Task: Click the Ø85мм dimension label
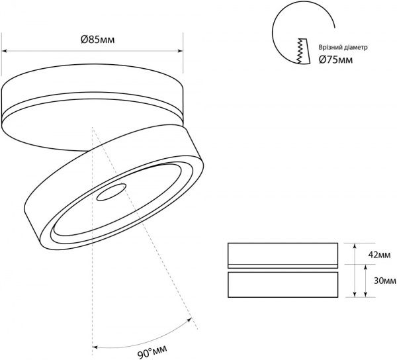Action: point(98,40)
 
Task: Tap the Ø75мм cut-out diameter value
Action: point(335,60)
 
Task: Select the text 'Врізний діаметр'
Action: point(343,48)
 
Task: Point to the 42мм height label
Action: point(379,255)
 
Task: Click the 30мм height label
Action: point(385,281)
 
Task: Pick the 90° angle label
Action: point(152,351)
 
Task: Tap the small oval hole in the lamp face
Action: point(111,192)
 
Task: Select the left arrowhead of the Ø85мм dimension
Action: point(4,51)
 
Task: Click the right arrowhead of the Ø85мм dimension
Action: point(180,51)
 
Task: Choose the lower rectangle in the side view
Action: point(283,285)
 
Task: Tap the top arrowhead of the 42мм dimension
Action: point(355,246)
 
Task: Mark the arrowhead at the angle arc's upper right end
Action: point(189,320)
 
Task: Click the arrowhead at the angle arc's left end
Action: point(95,347)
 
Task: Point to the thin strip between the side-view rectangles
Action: point(283,266)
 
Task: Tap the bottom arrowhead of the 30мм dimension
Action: point(365,294)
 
